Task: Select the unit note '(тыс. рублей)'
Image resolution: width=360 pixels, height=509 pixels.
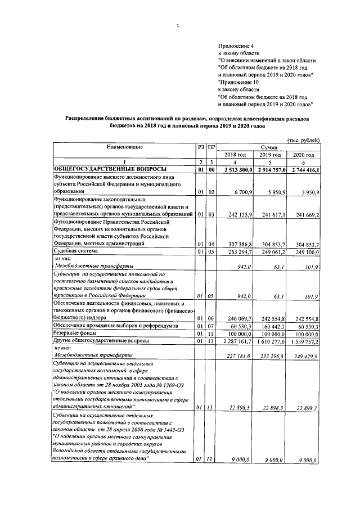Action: [x=304, y=140]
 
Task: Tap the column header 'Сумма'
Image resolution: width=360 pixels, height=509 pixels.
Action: [x=270, y=147]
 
